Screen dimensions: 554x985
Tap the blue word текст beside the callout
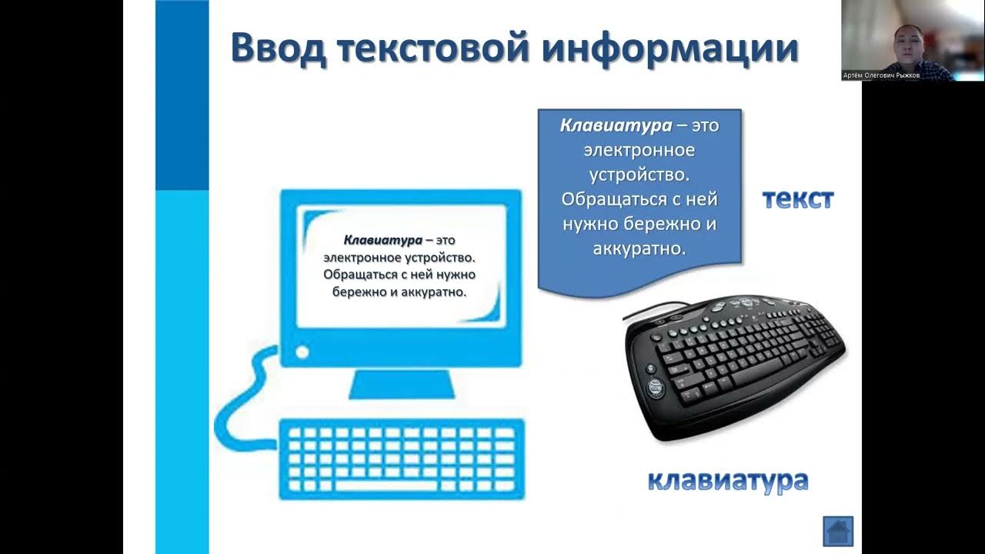coord(798,199)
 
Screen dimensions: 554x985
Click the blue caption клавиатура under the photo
coord(727,482)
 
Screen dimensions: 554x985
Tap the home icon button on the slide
coord(838,531)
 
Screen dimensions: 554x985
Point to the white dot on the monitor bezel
coord(302,352)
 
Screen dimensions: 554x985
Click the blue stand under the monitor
coord(399,384)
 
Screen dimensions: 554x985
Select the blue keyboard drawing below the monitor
coord(401,459)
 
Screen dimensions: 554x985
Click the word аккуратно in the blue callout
coord(639,249)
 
